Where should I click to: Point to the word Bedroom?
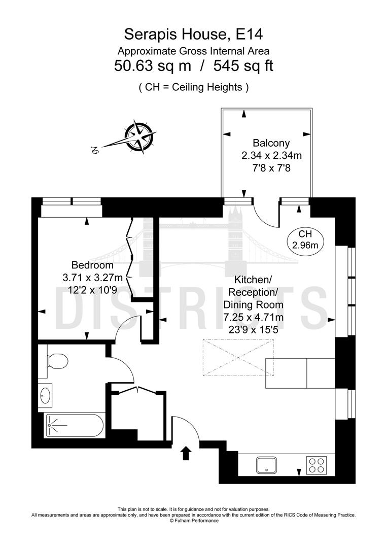92,265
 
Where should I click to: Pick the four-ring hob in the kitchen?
316,465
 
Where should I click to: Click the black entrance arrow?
186,453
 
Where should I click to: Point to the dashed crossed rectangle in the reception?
238,358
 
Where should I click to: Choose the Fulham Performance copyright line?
194,521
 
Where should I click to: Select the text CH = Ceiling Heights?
194,87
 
